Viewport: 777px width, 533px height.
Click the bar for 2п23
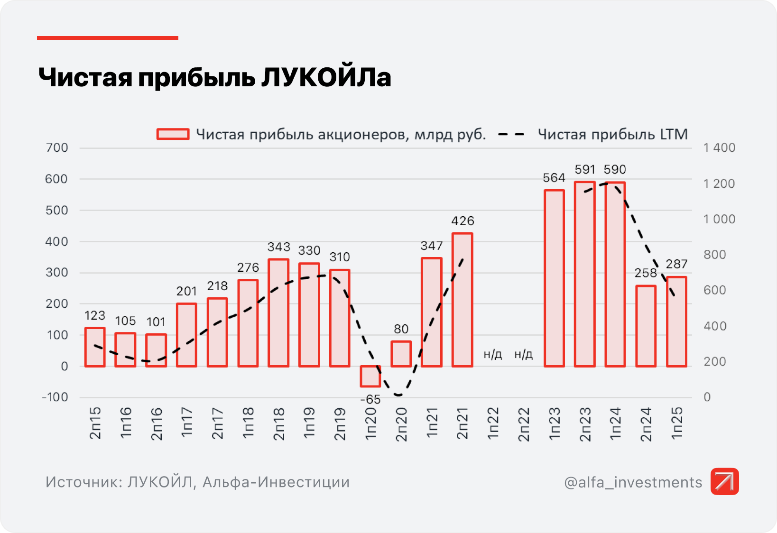pyautogui.click(x=584, y=274)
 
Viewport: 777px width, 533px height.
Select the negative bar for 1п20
pyautogui.click(x=370, y=376)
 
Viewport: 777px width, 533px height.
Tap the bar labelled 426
pyautogui.click(x=462, y=300)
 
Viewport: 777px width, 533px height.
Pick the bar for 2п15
pyautogui.click(x=95, y=347)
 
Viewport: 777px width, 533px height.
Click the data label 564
pyautogui.click(x=554, y=178)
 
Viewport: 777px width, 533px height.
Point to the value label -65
pyautogui.click(x=370, y=400)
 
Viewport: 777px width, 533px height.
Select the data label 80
pyautogui.click(x=401, y=329)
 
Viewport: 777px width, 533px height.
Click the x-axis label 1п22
pyautogui.click(x=493, y=423)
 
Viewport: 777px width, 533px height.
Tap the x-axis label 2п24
pyautogui.click(x=646, y=424)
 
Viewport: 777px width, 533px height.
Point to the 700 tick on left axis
pyautogui.click(x=57, y=148)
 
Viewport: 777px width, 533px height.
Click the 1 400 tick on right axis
pyautogui.click(x=719, y=148)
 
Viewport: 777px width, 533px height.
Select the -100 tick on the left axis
pyautogui.click(x=55, y=397)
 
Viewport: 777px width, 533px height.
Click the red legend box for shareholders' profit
pyautogui.click(x=173, y=134)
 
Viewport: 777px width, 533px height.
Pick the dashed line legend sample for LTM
pyautogui.click(x=511, y=134)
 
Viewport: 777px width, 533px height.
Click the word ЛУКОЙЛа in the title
pyautogui.click(x=326, y=77)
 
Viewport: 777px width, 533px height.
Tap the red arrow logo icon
pyautogui.click(x=724, y=481)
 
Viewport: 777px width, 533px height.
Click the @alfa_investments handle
pyautogui.click(x=633, y=482)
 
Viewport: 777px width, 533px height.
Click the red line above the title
pyautogui.click(x=108, y=38)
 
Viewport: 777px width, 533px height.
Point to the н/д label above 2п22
pyautogui.click(x=523, y=354)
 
